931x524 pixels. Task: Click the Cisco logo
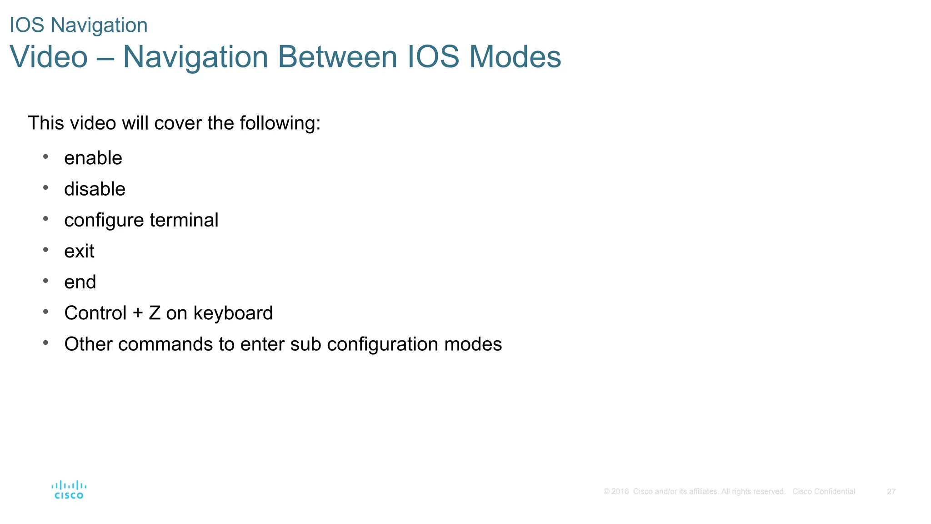click(69, 490)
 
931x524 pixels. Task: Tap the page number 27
click(891, 492)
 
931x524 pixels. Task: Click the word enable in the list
click(93, 158)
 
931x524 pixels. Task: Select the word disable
click(95, 189)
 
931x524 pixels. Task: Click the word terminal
click(184, 220)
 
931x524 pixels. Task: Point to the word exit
click(79, 251)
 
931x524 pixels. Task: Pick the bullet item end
click(80, 282)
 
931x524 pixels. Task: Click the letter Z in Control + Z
click(155, 313)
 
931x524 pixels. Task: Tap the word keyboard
click(233, 313)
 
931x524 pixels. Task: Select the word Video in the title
click(49, 57)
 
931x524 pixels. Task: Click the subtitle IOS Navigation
click(79, 25)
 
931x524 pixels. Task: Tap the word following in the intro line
click(280, 123)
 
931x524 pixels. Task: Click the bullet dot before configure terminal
click(45, 219)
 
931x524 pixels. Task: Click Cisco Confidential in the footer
click(823, 492)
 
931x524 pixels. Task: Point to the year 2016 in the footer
click(620, 492)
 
